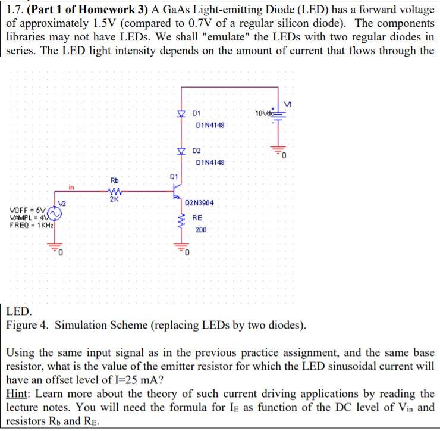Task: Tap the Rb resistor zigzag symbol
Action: (115, 192)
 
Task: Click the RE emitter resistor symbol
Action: (181, 222)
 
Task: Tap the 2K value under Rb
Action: (115, 199)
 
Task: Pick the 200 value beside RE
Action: (201, 229)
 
